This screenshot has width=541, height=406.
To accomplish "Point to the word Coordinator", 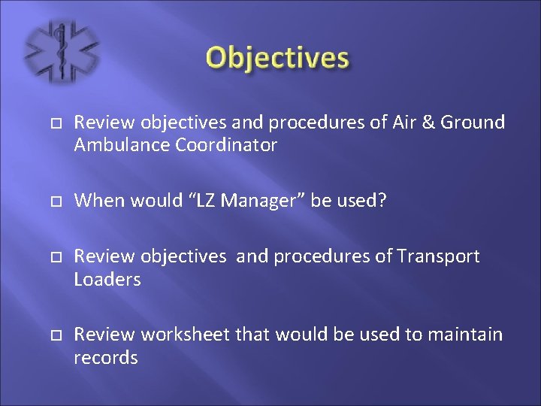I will point(226,144).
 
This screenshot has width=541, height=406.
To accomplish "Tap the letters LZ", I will point(186,200).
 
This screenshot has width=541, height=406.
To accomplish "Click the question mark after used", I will point(382,200).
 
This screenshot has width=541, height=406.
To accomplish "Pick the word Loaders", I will point(107,279).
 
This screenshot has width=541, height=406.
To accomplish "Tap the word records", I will point(106,357).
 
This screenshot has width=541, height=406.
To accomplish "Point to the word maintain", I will point(464,335).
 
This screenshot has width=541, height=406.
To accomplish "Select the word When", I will point(98,200).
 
